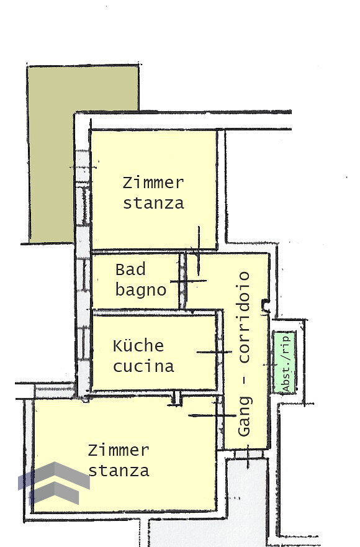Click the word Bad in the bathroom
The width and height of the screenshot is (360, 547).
130,269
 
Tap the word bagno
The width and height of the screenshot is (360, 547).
140,290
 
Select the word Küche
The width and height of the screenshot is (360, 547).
138,345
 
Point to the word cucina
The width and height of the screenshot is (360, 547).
143,366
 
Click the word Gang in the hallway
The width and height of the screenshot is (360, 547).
244,416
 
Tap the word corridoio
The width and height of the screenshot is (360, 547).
244,317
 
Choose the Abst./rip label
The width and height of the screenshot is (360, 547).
286,363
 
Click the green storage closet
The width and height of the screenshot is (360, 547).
284,363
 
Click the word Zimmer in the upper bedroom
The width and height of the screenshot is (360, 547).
153,183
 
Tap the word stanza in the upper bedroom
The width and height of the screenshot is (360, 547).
153,203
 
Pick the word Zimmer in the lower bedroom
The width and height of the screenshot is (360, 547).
119,450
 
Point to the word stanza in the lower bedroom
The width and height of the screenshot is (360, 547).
119,470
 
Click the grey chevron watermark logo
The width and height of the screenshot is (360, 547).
54,484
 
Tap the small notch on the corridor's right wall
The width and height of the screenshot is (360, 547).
266,305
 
